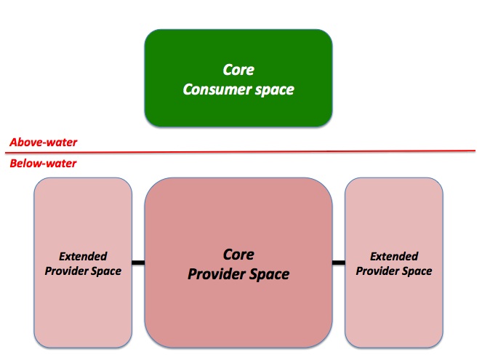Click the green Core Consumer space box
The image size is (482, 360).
(x=238, y=78)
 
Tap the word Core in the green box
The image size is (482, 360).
(x=238, y=70)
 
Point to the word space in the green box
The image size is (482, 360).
(x=275, y=90)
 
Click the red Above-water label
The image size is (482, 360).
(x=44, y=143)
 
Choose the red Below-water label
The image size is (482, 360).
(x=43, y=163)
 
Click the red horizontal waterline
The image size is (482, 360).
(x=240, y=151)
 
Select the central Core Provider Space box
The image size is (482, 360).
(x=238, y=263)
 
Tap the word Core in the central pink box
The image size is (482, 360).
(x=238, y=255)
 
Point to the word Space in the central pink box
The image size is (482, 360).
(x=269, y=274)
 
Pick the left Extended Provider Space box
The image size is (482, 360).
(x=83, y=263)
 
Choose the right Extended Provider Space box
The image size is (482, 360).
(x=394, y=263)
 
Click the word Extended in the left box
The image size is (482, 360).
(x=83, y=257)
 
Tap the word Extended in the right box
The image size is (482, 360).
(x=394, y=257)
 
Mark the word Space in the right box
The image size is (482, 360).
(x=417, y=271)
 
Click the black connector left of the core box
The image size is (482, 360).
(x=138, y=263)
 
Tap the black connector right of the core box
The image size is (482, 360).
(x=339, y=263)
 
